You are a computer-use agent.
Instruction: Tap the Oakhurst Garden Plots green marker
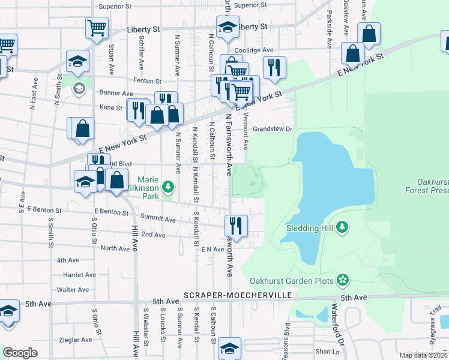click(x=343, y=280)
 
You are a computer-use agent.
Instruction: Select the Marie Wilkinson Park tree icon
click(x=169, y=188)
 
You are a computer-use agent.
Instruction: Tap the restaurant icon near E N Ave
click(x=236, y=226)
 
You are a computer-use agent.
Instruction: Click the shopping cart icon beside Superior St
click(x=97, y=27)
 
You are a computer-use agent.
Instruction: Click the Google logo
click(x=20, y=353)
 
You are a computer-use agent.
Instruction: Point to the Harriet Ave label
click(x=79, y=275)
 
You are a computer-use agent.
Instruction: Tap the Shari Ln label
click(x=327, y=352)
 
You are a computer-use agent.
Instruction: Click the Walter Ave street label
click(x=73, y=290)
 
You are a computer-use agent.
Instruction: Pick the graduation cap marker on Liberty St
click(x=228, y=28)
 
